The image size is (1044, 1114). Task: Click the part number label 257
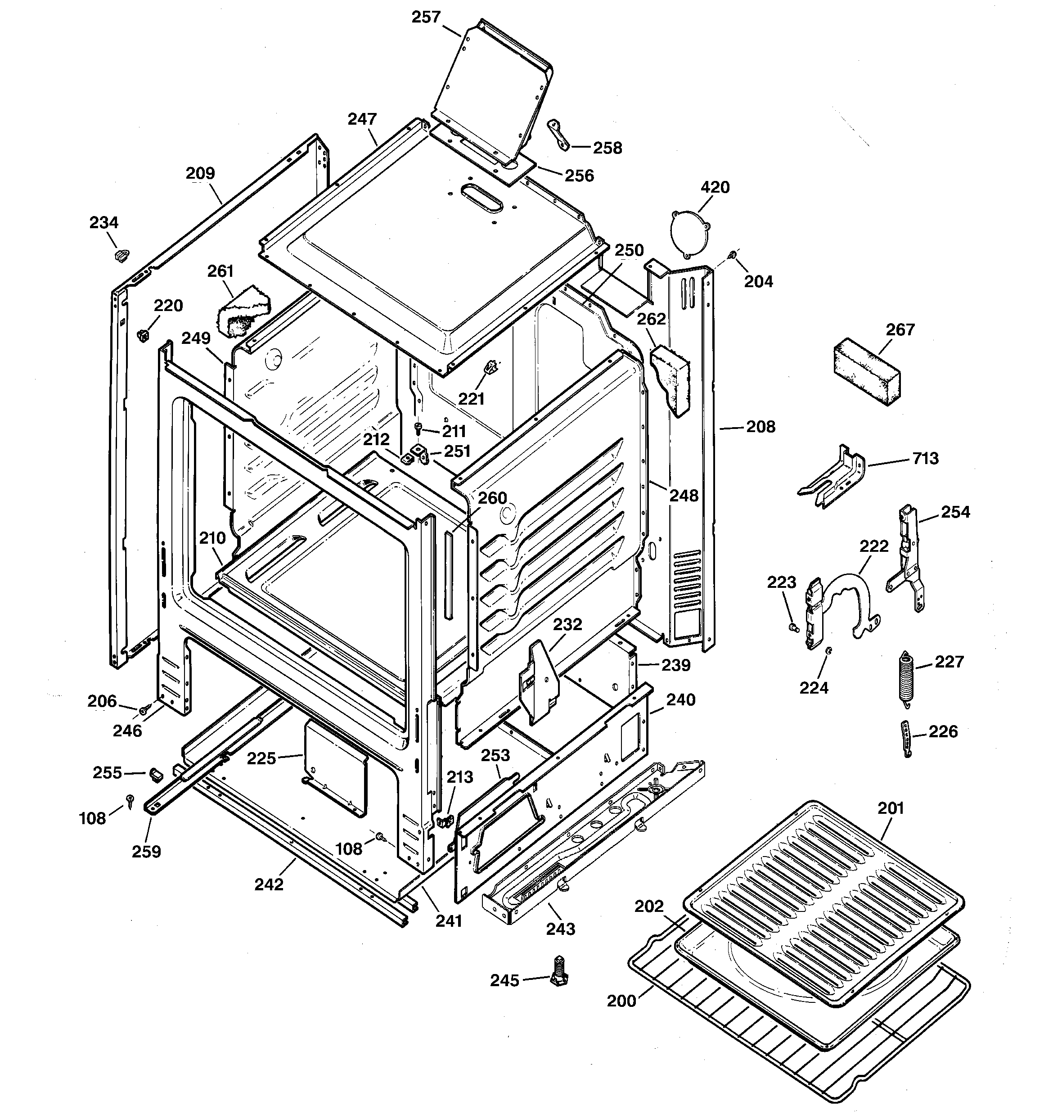[426, 18]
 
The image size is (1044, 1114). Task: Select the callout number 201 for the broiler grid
[891, 808]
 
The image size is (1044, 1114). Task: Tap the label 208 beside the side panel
[760, 427]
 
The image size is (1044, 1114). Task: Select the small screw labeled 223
[792, 627]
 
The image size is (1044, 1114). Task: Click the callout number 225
[262, 759]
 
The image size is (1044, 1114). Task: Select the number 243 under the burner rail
[560, 929]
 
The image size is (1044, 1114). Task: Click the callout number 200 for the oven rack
[621, 1001]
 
